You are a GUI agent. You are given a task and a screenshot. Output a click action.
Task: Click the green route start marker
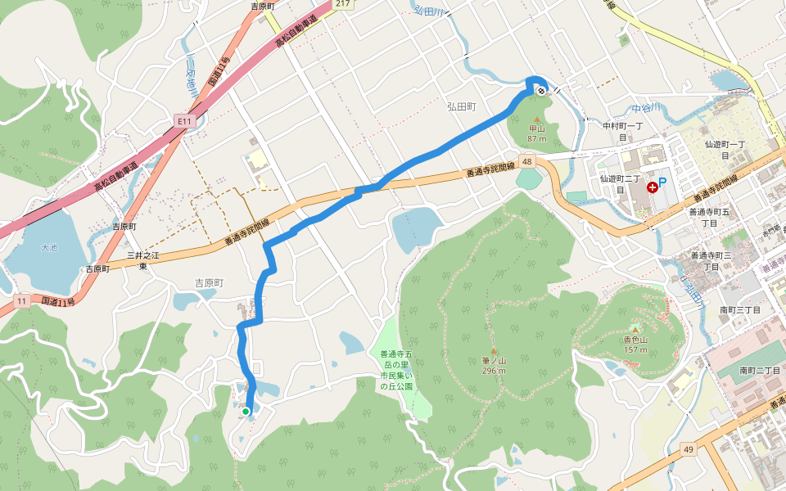coord(246,411)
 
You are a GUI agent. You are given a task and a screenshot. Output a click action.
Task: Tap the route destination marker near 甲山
coord(542,91)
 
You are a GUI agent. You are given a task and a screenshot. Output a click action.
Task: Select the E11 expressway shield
coord(183,122)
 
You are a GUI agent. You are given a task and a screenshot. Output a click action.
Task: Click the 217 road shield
coord(342,4)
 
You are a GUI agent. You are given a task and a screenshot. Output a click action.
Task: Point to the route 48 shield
coord(527,162)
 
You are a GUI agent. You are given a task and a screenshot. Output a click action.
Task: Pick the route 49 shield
coord(689,448)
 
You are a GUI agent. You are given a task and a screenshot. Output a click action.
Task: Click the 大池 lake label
coord(50,246)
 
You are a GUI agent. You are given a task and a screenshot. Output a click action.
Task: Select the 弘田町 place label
coord(462,106)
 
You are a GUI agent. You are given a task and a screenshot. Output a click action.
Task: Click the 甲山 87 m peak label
coord(536,133)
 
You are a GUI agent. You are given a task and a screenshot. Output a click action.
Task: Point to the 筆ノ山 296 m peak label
coord(493,365)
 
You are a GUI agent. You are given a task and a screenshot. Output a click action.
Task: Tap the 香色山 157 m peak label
coord(635,344)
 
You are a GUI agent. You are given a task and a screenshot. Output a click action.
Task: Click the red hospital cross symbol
coord(653,187)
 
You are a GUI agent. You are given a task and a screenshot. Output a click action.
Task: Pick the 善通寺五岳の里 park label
coord(394,370)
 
